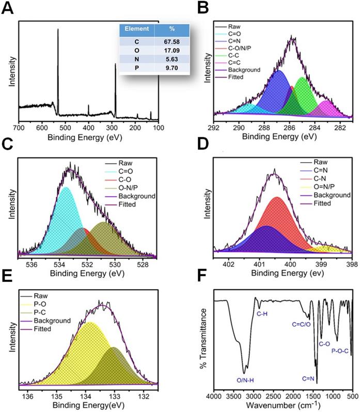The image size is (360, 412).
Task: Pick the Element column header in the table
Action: click(138, 29)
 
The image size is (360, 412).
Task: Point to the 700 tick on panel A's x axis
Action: click(19, 126)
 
